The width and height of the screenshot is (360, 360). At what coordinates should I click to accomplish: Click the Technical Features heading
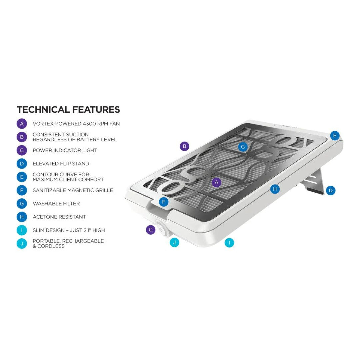(68, 110)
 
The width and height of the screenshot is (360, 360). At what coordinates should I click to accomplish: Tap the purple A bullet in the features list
(22, 124)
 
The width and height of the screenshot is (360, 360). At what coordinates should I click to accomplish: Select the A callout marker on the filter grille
(216, 183)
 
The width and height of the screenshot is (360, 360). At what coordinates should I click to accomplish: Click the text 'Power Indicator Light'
(65, 150)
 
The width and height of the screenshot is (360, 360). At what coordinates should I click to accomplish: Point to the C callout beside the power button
(151, 230)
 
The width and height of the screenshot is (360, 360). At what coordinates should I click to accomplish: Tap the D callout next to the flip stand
(331, 190)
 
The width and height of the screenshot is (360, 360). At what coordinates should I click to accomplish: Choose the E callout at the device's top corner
(335, 135)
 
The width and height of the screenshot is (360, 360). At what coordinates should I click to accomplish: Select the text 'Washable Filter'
(56, 204)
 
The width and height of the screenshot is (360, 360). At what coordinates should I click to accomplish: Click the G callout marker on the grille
(243, 147)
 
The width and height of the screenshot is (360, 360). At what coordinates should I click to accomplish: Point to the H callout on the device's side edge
(275, 189)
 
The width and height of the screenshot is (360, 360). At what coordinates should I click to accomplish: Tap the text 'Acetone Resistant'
(59, 217)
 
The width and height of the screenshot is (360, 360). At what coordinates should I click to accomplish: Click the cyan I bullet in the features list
(22, 230)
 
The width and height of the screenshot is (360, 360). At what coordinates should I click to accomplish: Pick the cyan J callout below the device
(174, 242)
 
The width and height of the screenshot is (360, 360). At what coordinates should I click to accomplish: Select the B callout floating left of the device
(184, 146)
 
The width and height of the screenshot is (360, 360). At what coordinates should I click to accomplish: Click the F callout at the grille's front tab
(164, 202)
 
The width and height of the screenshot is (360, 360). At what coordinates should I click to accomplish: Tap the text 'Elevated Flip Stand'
(61, 164)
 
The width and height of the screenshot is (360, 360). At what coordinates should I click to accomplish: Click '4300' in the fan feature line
(89, 124)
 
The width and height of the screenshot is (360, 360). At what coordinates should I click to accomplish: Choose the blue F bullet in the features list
(22, 190)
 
